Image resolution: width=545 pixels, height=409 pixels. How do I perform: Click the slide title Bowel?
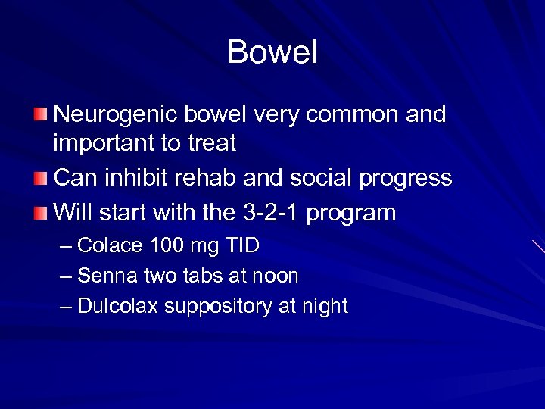click(x=272, y=52)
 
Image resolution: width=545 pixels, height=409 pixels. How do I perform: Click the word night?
click(x=322, y=307)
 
